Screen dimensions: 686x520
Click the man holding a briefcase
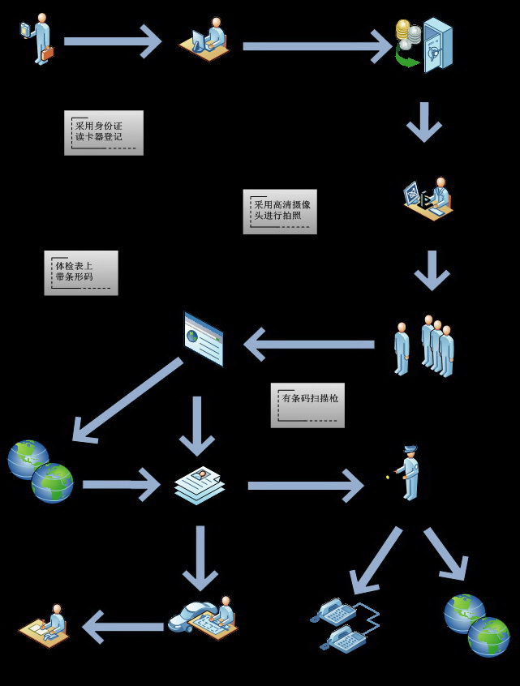(39, 38)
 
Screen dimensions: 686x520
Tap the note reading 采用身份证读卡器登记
(103, 132)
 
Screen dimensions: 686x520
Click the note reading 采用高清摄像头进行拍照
(279, 212)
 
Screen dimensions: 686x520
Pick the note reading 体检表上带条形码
(80, 272)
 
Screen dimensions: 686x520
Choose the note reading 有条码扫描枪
(307, 405)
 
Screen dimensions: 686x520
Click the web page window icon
(204, 339)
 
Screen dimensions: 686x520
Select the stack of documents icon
(199, 485)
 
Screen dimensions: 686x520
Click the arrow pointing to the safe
(316, 46)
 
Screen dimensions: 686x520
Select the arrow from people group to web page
(308, 344)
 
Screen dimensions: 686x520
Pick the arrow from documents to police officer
(305, 486)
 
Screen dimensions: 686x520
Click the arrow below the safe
(423, 122)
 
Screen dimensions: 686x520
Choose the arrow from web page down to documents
(196, 426)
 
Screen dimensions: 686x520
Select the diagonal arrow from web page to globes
(126, 401)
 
